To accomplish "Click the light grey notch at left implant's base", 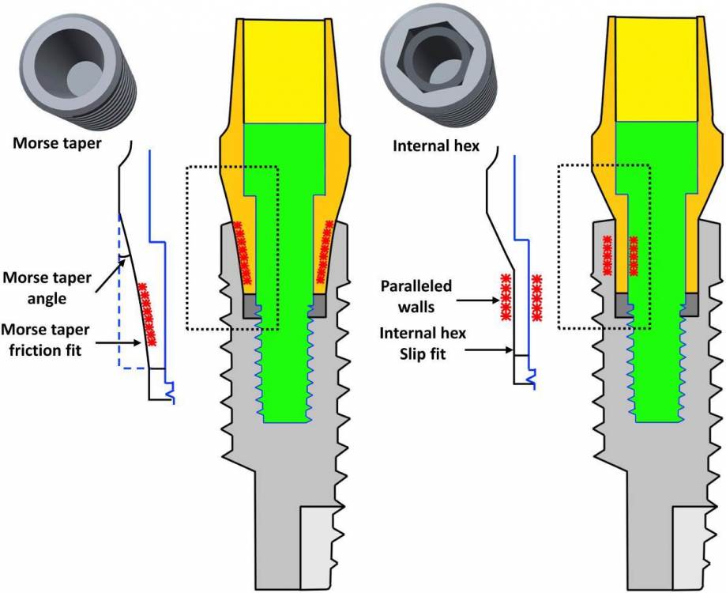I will click(x=323, y=546).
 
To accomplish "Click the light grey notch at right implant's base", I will click(x=694, y=546).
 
